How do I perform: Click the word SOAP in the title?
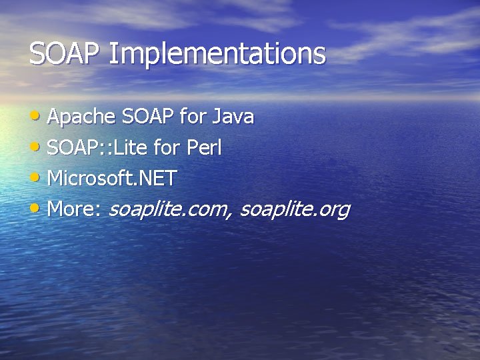click(x=64, y=53)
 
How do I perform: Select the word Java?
click(x=233, y=117)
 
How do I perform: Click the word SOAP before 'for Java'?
click(x=148, y=117)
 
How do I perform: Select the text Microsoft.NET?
click(x=112, y=179)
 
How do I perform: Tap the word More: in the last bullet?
click(x=74, y=209)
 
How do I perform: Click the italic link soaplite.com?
click(x=168, y=210)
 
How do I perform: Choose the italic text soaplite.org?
click(x=294, y=210)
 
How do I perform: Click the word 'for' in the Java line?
click(x=193, y=117)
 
